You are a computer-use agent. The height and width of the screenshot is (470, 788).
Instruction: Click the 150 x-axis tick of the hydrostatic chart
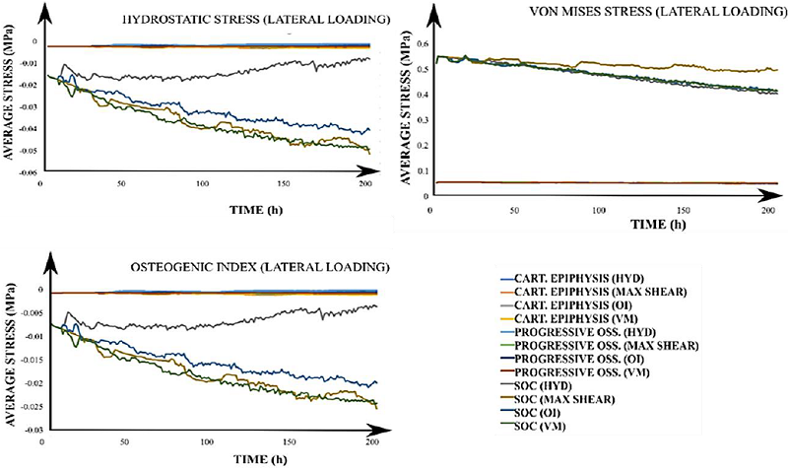click(283, 183)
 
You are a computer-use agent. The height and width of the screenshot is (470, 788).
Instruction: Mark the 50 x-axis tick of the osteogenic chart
click(121, 443)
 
